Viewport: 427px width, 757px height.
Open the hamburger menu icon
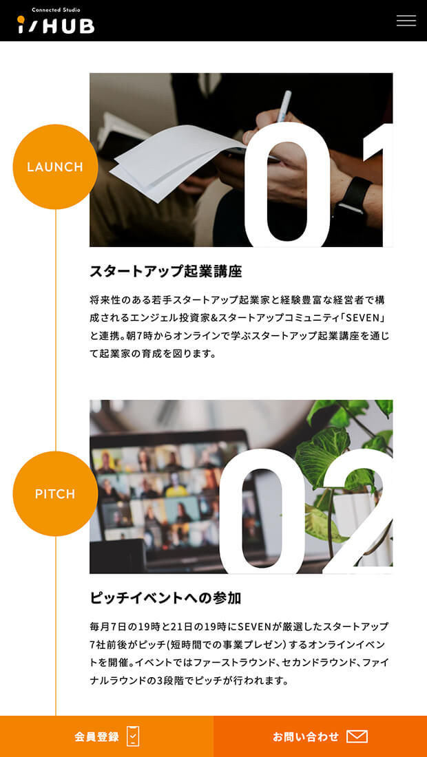tap(406, 21)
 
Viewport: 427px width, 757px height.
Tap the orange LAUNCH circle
tap(55, 167)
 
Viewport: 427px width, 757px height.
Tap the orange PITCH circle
tap(55, 494)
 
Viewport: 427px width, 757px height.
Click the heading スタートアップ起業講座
tap(166, 271)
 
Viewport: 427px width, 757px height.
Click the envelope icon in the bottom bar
tap(357, 737)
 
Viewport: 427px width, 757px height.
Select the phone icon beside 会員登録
tap(133, 736)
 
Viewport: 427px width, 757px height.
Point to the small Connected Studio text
tap(56, 10)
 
